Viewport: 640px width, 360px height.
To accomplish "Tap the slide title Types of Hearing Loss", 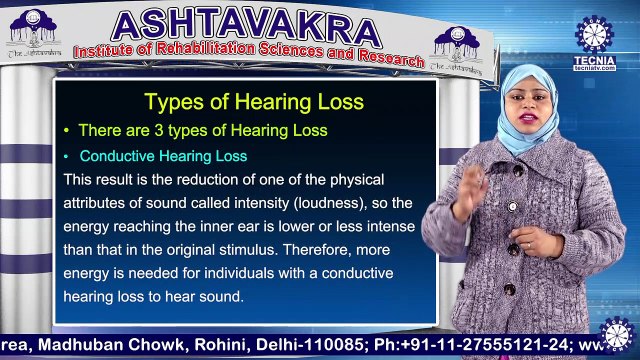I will [254, 102].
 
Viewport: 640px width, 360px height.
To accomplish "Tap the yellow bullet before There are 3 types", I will [67, 131].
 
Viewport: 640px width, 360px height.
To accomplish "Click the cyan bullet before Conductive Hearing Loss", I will [67, 157].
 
